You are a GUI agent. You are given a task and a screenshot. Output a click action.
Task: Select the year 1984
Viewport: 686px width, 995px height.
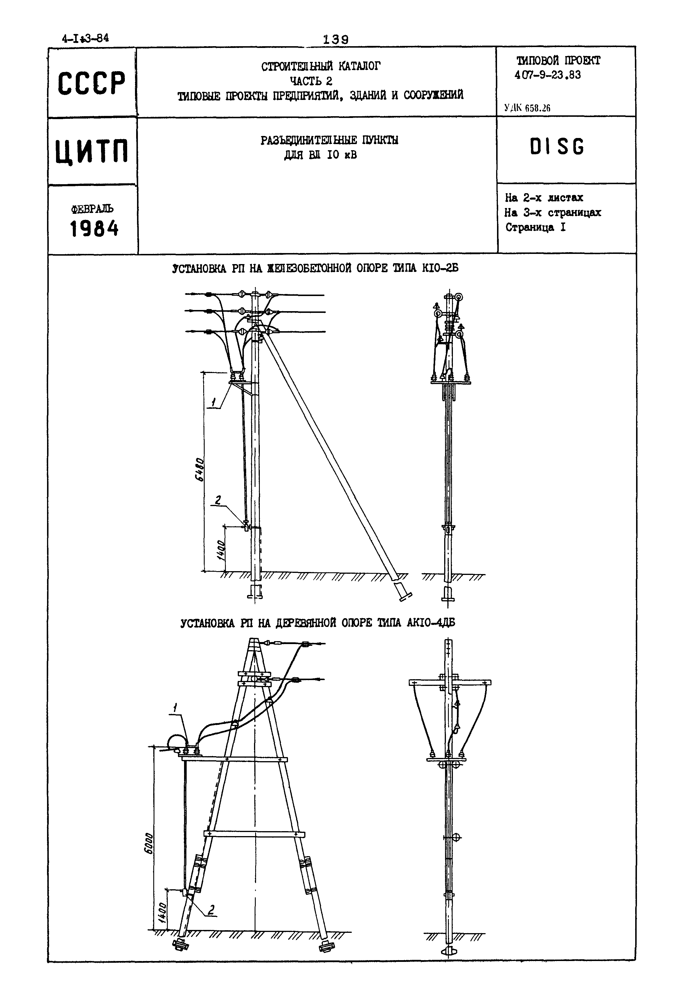pos(94,229)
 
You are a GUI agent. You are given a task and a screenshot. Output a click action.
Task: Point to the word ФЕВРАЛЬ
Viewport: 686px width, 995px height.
pos(92,209)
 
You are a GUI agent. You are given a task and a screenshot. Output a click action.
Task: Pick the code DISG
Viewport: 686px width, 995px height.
pos(557,147)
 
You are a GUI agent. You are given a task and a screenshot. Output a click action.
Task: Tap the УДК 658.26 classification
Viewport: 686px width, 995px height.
pos(527,108)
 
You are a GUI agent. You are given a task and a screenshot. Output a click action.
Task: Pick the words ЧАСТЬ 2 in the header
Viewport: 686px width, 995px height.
pos(311,80)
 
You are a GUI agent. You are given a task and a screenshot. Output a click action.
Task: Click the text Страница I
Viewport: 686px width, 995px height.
pos(535,227)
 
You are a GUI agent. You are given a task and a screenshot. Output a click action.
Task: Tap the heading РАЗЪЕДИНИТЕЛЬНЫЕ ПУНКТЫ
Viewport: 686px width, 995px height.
pos(329,140)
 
